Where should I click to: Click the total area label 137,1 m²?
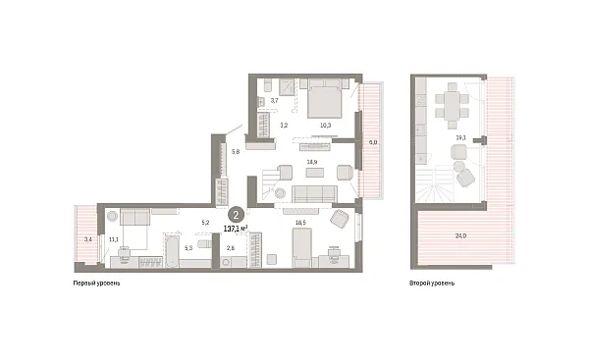tap(236, 228)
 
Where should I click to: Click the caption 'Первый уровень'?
tap(98, 283)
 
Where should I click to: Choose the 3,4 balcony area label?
tap(88, 238)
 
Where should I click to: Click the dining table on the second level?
tap(454, 103)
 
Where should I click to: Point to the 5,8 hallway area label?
tap(236, 152)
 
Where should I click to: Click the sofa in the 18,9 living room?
tap(314, 193)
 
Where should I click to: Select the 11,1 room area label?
tap(114, 238)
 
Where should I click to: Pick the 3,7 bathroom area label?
tap(274, 101)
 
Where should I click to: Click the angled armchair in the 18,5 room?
tap(340, 218)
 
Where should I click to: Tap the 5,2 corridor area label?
tap(205, 223)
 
